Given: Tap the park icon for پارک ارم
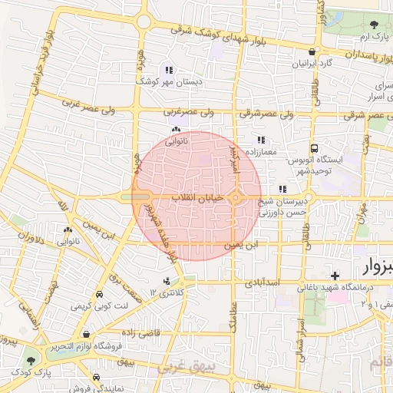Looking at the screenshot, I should click(x=374, y=25).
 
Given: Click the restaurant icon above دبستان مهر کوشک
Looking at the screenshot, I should click(x=169, y=70).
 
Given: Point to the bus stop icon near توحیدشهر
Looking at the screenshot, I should click(x=313, y=148).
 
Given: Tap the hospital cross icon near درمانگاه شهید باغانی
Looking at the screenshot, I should click(x=334, y=275).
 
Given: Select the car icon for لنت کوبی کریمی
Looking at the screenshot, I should click(x=99, y=295).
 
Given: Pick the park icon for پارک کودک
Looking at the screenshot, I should click(x=31, y=360).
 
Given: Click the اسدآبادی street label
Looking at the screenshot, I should click(x=266, y=282).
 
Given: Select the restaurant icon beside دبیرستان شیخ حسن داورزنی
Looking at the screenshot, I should click(x=282, y=189).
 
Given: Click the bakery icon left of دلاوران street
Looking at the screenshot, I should click(x=68, y=230).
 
